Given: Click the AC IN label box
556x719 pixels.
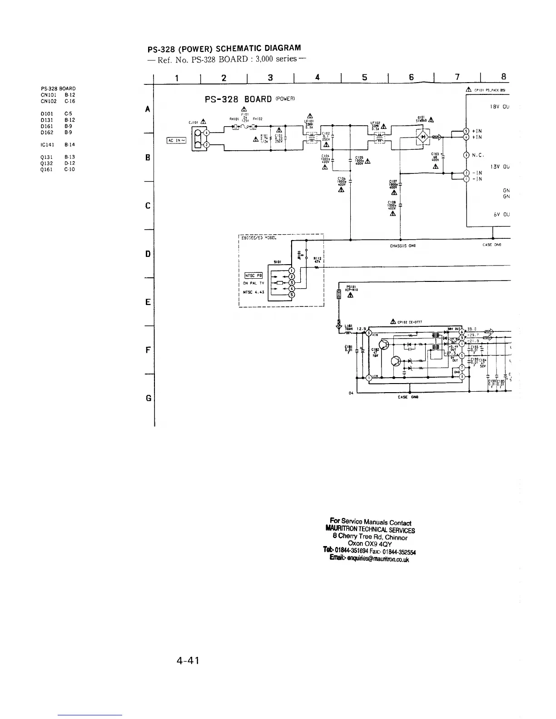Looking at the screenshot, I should click(x=177, y=140).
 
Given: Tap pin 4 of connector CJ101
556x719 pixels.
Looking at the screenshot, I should click(x=206, y=133).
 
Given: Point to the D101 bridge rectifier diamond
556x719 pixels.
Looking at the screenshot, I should click(x=422, y=136).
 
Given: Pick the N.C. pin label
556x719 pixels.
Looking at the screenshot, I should click(x=477, y=155).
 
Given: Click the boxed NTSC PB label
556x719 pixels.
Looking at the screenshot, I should click(x=254, y=275).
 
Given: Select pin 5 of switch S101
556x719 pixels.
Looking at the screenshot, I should click(x=292, y=295).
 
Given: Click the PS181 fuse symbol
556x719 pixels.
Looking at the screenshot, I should click(x=339, y=294).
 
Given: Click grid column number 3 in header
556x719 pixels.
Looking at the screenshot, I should click(x=270, y=78).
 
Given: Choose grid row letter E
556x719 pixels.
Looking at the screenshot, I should click(x=148, y=302).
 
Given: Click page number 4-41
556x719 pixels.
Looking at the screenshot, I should click(x=188, y=660).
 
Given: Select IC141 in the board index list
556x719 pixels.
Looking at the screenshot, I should click(x=48, y=145).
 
